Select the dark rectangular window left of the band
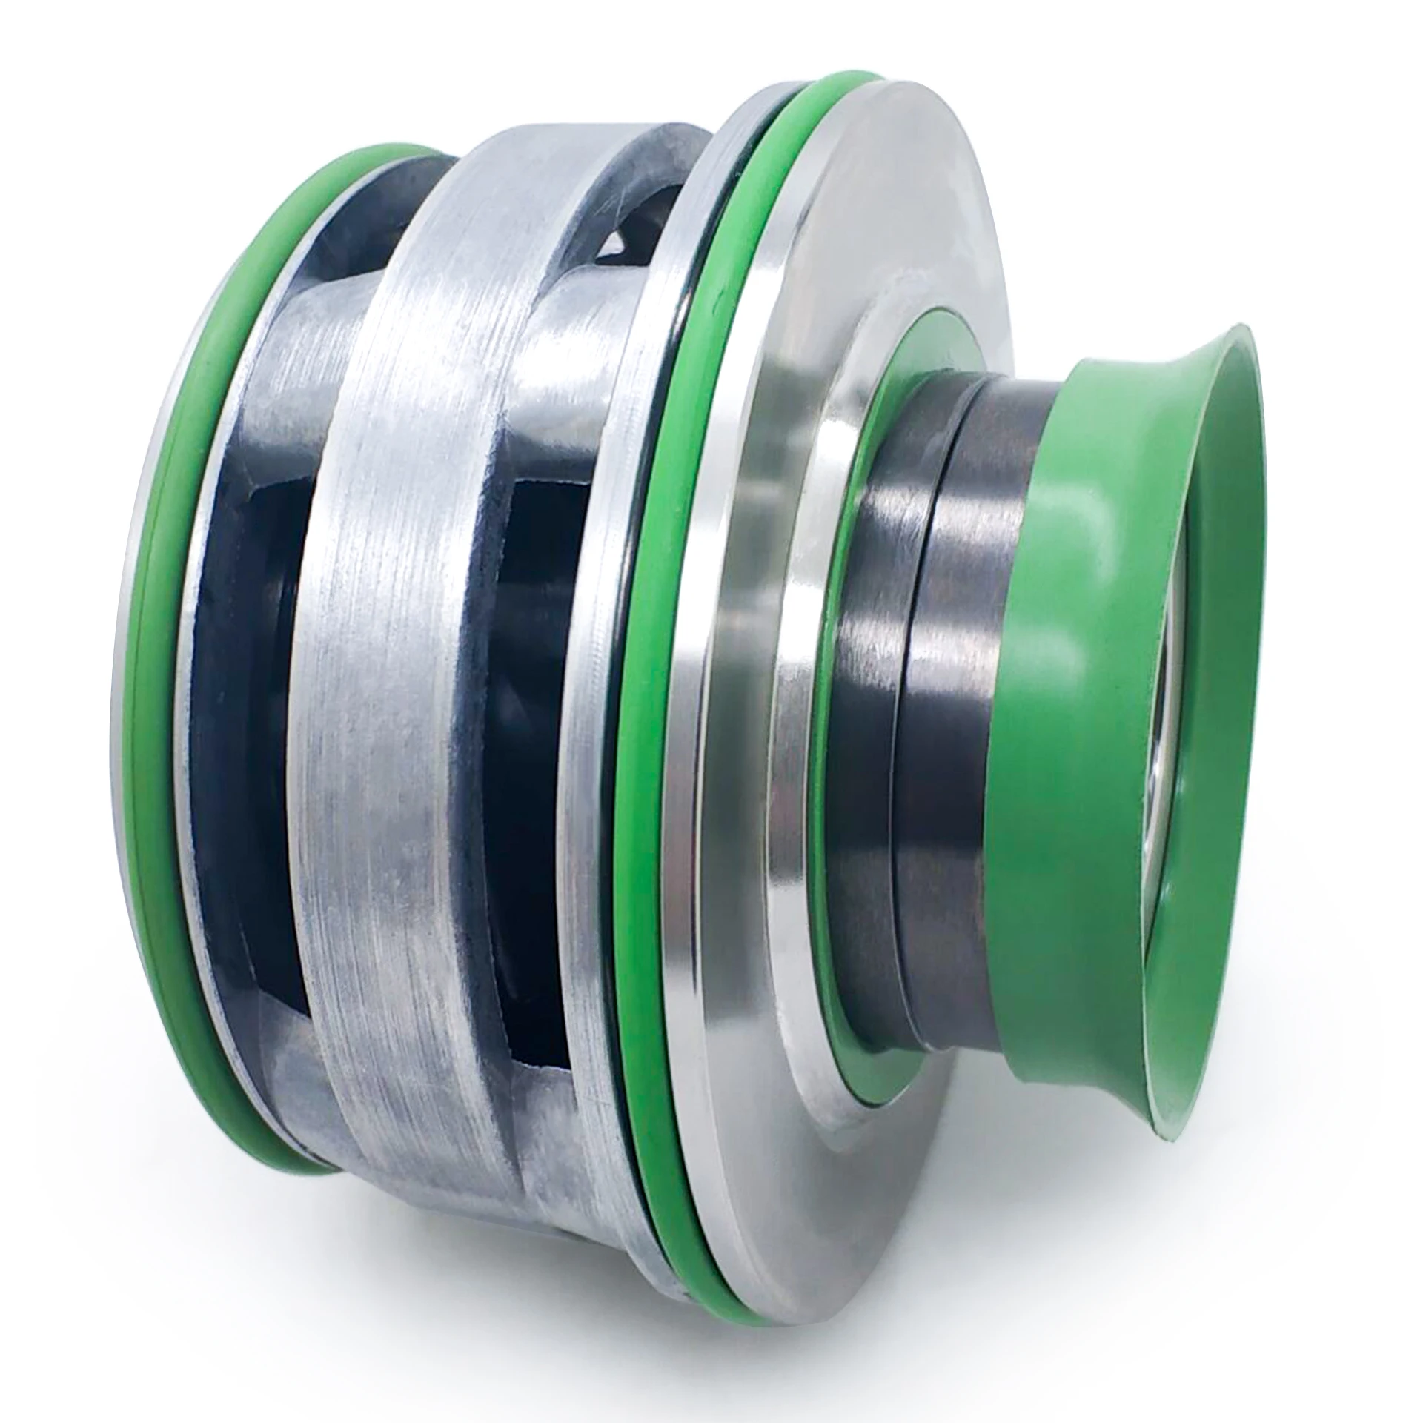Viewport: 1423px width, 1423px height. coord(245,741)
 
